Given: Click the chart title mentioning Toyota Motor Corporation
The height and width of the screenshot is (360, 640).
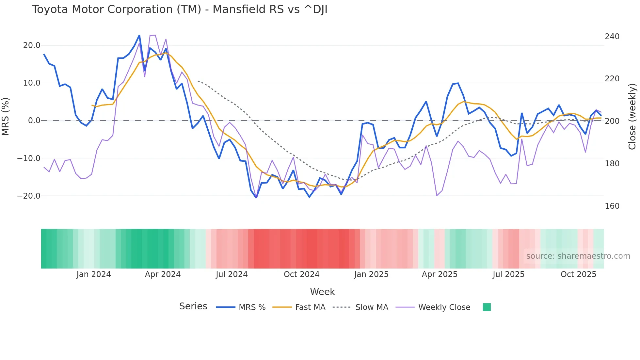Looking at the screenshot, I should pyautogui.click(x=180, y=9).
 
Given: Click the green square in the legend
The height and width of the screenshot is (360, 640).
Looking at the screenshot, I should pyautogui.click(x=487, y=307).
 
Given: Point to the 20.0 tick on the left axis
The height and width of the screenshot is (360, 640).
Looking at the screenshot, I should pyautogui.click(x=32, y=45).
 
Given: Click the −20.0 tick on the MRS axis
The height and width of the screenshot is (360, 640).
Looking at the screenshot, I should pyautogui.click(x=29, y=196).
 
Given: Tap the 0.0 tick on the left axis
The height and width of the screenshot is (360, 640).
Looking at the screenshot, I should pyautogui.click(x=34, y=121).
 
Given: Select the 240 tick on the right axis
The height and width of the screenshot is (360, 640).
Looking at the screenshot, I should pyautogui.click(x=612, y=37).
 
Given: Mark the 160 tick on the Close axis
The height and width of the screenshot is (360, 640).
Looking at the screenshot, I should pyautogui.click(x=612, y=206).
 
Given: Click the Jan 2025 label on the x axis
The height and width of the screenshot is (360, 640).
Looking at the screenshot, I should pyautogui.click(x=371, y=274).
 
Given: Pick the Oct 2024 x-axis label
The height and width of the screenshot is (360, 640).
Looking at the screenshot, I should pyautogui.click(x=301, y=274).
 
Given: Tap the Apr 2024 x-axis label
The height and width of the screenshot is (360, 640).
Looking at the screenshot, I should pyautogui.click(x=163, y=274).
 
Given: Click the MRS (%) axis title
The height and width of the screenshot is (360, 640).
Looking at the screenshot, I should pyautogui.click(x=5, y=117).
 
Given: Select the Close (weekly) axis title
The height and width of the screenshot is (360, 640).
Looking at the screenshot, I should pyautogui.click(x=632, y=117).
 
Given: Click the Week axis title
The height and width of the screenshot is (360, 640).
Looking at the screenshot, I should pyautogui.click(x=322, y=292).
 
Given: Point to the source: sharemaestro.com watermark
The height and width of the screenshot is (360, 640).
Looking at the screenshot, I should pyautogui.click(x=578, y=256).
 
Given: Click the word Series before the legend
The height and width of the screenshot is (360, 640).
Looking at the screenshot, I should pyautogui.click(x=193, y=306).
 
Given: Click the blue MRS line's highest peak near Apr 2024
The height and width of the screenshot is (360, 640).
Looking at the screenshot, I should pyautogui.click(x=139, y=36).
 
